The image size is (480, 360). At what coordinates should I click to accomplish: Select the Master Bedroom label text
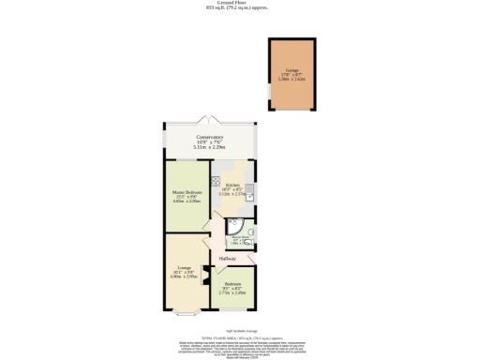[187, 192]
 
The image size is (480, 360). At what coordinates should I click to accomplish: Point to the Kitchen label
[232, 186]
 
